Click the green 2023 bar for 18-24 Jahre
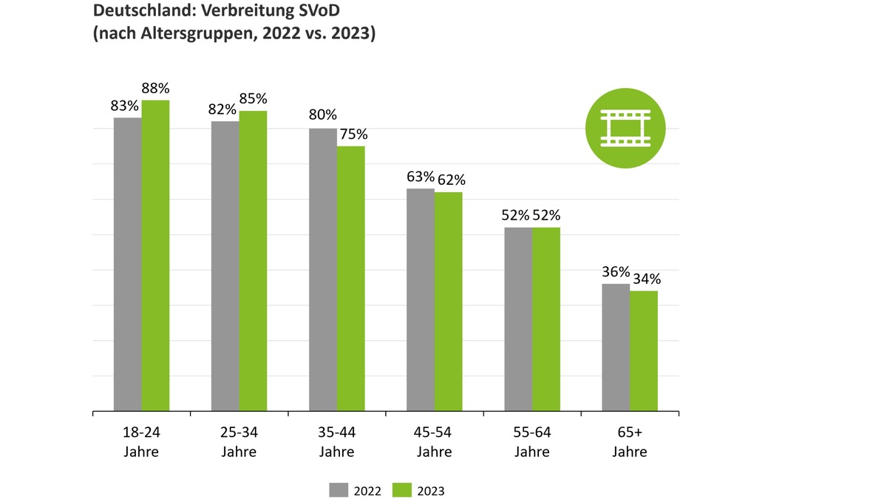point(155,255)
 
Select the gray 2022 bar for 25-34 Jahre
point(225,266)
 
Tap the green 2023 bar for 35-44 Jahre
point(350,278)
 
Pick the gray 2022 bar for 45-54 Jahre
point(420,299)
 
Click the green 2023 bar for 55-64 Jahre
point(546,319)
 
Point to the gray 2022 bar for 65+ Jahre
point(616,347)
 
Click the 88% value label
point(155,89)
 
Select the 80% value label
point(322,115)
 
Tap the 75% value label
point(352,135)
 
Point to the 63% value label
point(420,176)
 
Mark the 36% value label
point(616,271)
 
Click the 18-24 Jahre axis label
point(140,441)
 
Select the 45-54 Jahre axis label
point(434,441)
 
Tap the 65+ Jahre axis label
point(630,441)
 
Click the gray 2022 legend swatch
point(339,490)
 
